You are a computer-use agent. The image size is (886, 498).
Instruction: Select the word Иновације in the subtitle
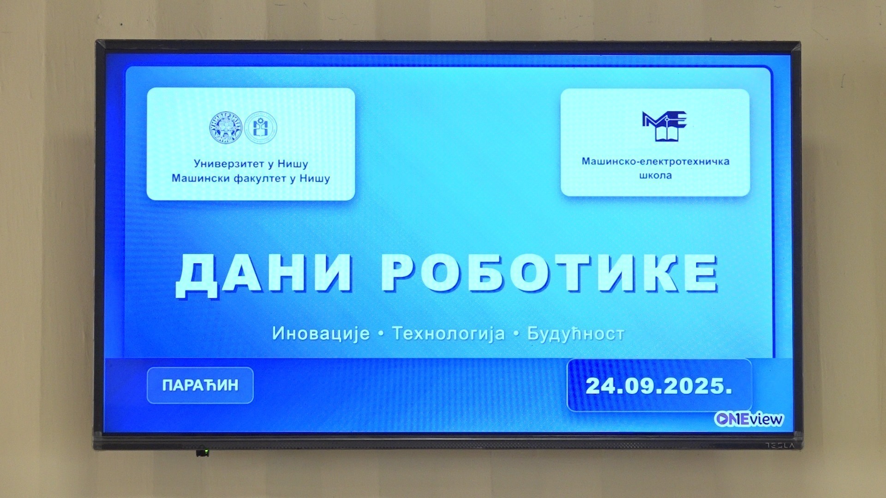pyautogui.click(x=321, y=333)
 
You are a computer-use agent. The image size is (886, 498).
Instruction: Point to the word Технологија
pyautogui.click(x=449, y=333)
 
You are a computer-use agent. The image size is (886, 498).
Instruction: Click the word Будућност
pyautogui.click(x=575, y=333)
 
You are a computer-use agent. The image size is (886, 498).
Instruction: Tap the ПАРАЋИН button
pyautogui.click(x=200, y=385)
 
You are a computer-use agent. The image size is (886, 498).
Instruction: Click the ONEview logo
pyautogui.click(x=748, y=419)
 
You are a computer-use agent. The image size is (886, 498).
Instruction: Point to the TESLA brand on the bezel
pyautogui.click(x=781, y=446)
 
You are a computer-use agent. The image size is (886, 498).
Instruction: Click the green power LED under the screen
pyautogui.click(x=206, y=451)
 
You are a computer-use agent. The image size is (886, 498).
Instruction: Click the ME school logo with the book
pyautogui.click(x=664, y=126)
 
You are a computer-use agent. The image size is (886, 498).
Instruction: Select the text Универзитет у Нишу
pyautogui.click(x=251, y=164)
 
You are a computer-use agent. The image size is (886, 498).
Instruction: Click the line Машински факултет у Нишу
pyautogui.click(x=251, y=178)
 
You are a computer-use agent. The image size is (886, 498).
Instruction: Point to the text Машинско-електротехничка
pyautogui.click(x=655, y=161)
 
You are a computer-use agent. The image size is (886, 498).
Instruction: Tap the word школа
pyautogui.click(x=655, y=176)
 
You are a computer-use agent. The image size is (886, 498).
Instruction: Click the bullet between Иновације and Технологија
pyautogui.click(x=381, y=334)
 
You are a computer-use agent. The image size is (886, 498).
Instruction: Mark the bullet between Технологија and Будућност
pyautogui.click(x=516, y=334)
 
